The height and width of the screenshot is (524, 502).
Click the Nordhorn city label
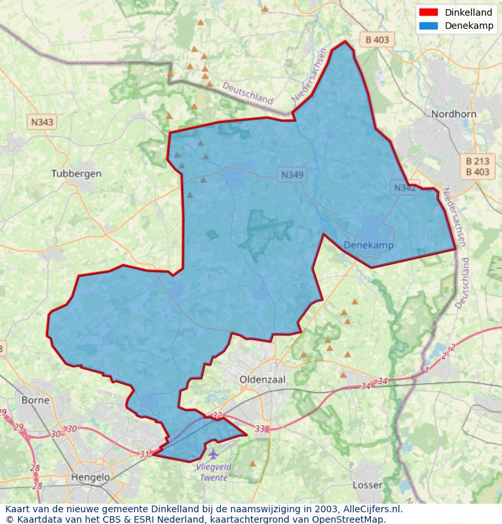pos(453,113)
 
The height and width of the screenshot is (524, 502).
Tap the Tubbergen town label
pos(77,174)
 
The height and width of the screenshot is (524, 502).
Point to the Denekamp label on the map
pos(368,245)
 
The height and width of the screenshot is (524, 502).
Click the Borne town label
pos(35,400)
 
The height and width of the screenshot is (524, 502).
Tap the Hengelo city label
pos(90,477)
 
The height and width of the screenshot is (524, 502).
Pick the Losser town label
pos(367,485)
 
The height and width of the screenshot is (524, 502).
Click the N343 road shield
pos(43,122)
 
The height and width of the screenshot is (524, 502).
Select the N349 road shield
pos(293,175)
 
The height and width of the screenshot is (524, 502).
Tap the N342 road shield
pos(404,188)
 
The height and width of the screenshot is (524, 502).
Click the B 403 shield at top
pos(377,39)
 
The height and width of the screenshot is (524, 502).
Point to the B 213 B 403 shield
pos(477,166)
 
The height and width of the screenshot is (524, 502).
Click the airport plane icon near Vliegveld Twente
pos(212,453)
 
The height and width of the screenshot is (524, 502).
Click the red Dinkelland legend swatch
pos(428,12)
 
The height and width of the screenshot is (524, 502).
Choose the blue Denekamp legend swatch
pos(428,26)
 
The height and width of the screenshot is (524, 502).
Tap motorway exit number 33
pos(260,429)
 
